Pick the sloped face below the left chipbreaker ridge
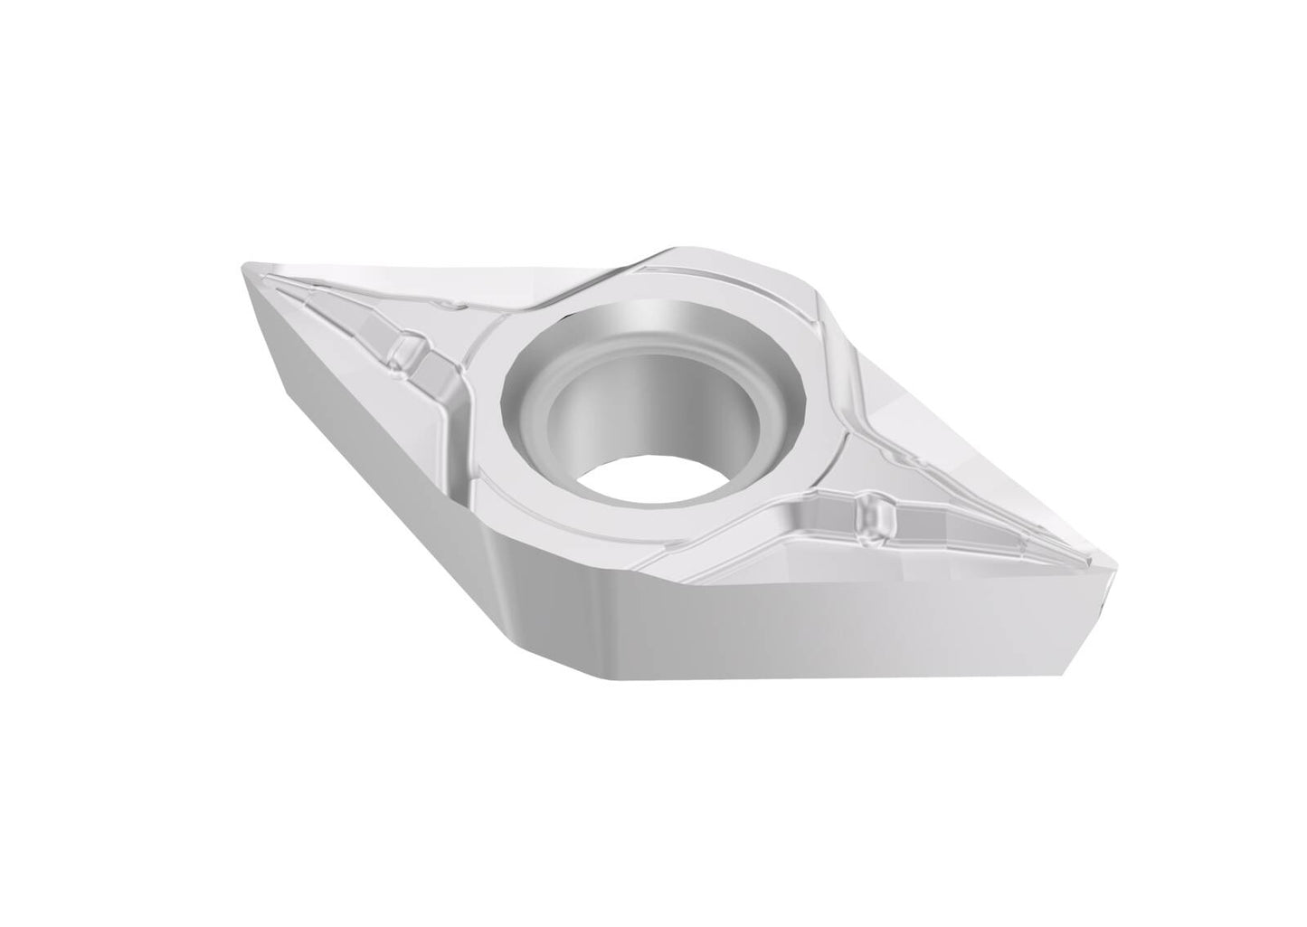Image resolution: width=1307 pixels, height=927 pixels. coord(362,380)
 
